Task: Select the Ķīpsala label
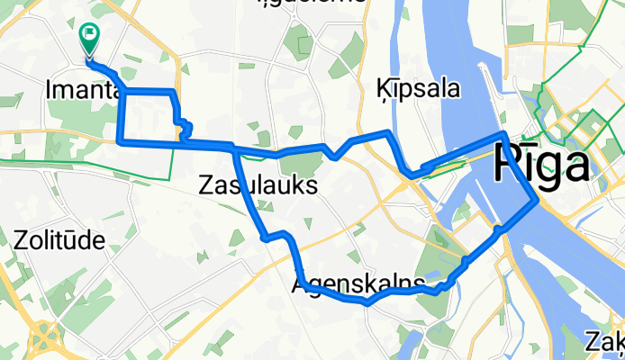click(415, 89)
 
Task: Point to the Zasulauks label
click(257, 186)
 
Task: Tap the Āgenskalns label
click(358, 285)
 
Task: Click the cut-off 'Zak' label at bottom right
click(604, 341)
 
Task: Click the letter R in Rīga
click(510, 166)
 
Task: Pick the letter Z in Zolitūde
click(22, 240)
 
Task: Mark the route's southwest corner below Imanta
click(121, 140)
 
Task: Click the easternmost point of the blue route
click(538, 201)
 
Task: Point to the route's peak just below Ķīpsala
click(388, 132)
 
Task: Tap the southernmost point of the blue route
click(367, 303)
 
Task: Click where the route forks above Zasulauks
click(235, 148)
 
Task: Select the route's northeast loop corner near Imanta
click(171, 92)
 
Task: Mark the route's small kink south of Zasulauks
click(266, 238)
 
